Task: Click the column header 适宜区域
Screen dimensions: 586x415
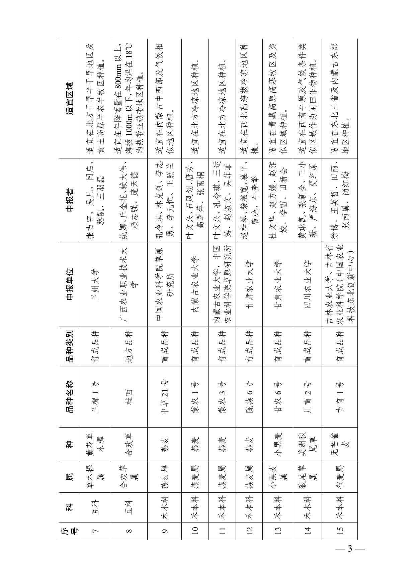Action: (x=70, y=99)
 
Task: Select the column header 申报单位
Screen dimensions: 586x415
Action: (x=70, y=284)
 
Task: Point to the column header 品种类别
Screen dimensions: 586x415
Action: (x=70, y=346)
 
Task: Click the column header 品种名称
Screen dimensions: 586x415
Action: (x=70, y=397)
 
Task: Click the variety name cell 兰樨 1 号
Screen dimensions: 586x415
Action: (x=95, y=397)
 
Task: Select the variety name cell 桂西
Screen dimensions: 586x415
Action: (x=129, y=397)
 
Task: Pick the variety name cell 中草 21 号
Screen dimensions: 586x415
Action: (x=164, y=397)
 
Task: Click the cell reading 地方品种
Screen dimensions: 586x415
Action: (x=129, y=346)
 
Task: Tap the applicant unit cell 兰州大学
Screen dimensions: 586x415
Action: (x=95, y=284)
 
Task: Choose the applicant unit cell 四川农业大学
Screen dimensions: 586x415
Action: (x=307, y=284)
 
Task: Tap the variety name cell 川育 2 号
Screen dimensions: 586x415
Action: (x=307, y=397)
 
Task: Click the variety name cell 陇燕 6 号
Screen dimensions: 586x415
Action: (x=249, y=397)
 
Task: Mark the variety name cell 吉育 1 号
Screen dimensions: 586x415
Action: (x=340, y=397)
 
